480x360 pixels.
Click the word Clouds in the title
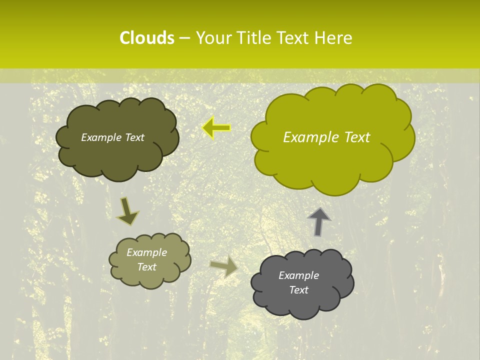click(146, 38)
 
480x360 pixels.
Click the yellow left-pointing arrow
click(216, 128)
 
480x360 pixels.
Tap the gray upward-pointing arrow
click(319, 221)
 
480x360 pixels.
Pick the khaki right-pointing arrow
click(224, 266)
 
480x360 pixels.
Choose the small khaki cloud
click(149, 260)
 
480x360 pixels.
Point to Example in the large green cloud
click(306, 137)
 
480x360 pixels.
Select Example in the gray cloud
click(298, 275)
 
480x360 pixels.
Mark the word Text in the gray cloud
click(298, 290)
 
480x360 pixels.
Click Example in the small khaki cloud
click(146, 252)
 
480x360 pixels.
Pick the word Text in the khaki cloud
click(146, 267)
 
